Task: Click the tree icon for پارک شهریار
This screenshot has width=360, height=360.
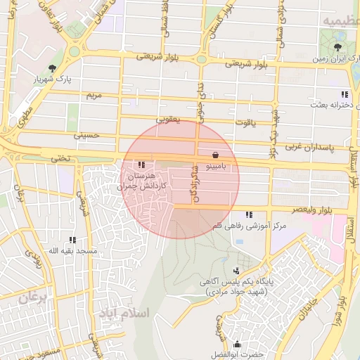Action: tap(53, 68)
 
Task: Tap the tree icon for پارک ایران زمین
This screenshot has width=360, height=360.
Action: tap(339, 48)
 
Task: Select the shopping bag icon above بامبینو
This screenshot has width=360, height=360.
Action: tap(214, 155)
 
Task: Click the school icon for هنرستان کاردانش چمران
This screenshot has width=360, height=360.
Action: tap(143, 164)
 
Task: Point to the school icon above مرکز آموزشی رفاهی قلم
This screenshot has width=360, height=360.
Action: tap(248, 214)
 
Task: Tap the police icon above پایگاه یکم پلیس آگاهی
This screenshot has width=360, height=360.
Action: tap(236, 270)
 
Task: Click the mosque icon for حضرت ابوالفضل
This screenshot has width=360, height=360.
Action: tap(237, 345)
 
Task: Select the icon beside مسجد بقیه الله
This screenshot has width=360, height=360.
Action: tap(72, 240)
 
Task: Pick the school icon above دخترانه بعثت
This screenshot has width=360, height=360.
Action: tap(344, 94)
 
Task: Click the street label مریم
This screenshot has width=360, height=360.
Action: tap(94, 94)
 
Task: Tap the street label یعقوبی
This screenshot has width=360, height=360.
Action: tap(167, 120)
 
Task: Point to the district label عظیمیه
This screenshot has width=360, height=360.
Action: tap(340, 22)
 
